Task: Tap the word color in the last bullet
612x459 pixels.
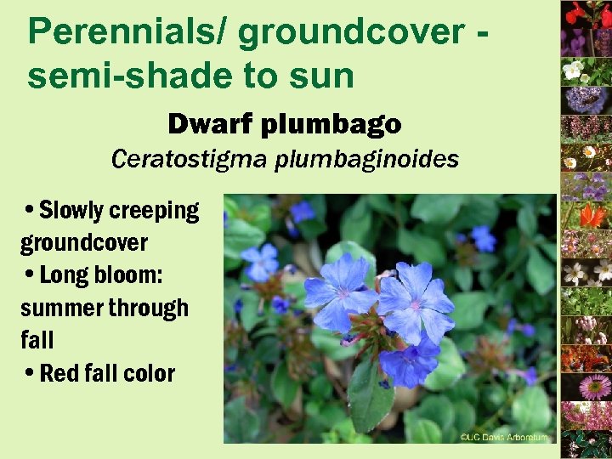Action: (x=149, y=373)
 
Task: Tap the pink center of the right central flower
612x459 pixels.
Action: (x=415, y=303)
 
